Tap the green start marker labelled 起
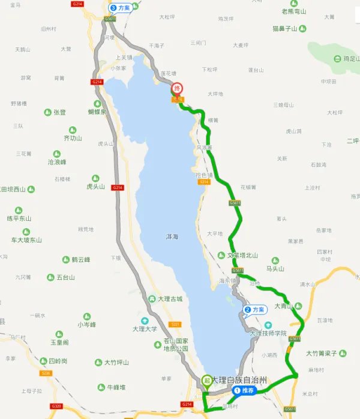pos(207,380)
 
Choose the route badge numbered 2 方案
pos(255,310)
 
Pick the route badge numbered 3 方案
pos(121,8)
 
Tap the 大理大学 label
pos(144,329)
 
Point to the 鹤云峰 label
pos(80,260)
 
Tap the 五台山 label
pos(65,277)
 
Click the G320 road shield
pos(57,406)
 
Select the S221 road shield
pos(175,325)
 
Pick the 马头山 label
pos(280,269)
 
